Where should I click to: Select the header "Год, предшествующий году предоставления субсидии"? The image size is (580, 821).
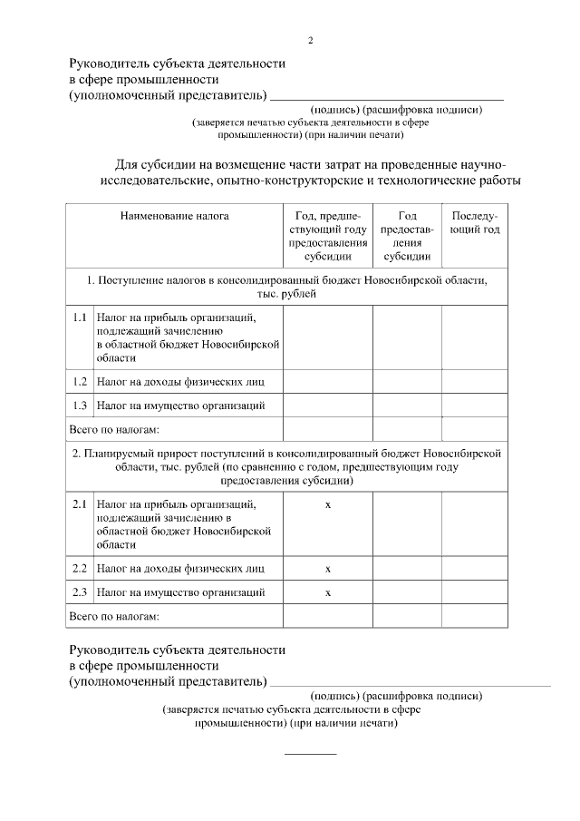(328, 236)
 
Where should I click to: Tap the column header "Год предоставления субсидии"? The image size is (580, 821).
(407, 236)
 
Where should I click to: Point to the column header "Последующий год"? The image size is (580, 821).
(475, 223)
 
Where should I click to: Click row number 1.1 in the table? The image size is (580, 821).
(80, 318)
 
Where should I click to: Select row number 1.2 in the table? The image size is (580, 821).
(80, 382)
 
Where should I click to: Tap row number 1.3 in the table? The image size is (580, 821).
(80, 405)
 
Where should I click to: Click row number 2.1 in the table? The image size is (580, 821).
(80, 503)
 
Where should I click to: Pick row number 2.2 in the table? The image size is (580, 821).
(80, 569)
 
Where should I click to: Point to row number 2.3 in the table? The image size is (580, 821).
(80, 592)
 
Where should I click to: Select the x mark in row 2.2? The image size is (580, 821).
(328, 569)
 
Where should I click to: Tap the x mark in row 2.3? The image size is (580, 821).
(328, 592)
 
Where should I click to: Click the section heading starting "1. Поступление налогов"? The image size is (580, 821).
(286, 288)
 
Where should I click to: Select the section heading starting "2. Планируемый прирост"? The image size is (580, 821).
(286, 466)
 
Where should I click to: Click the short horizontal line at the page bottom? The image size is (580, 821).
(311, 754)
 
